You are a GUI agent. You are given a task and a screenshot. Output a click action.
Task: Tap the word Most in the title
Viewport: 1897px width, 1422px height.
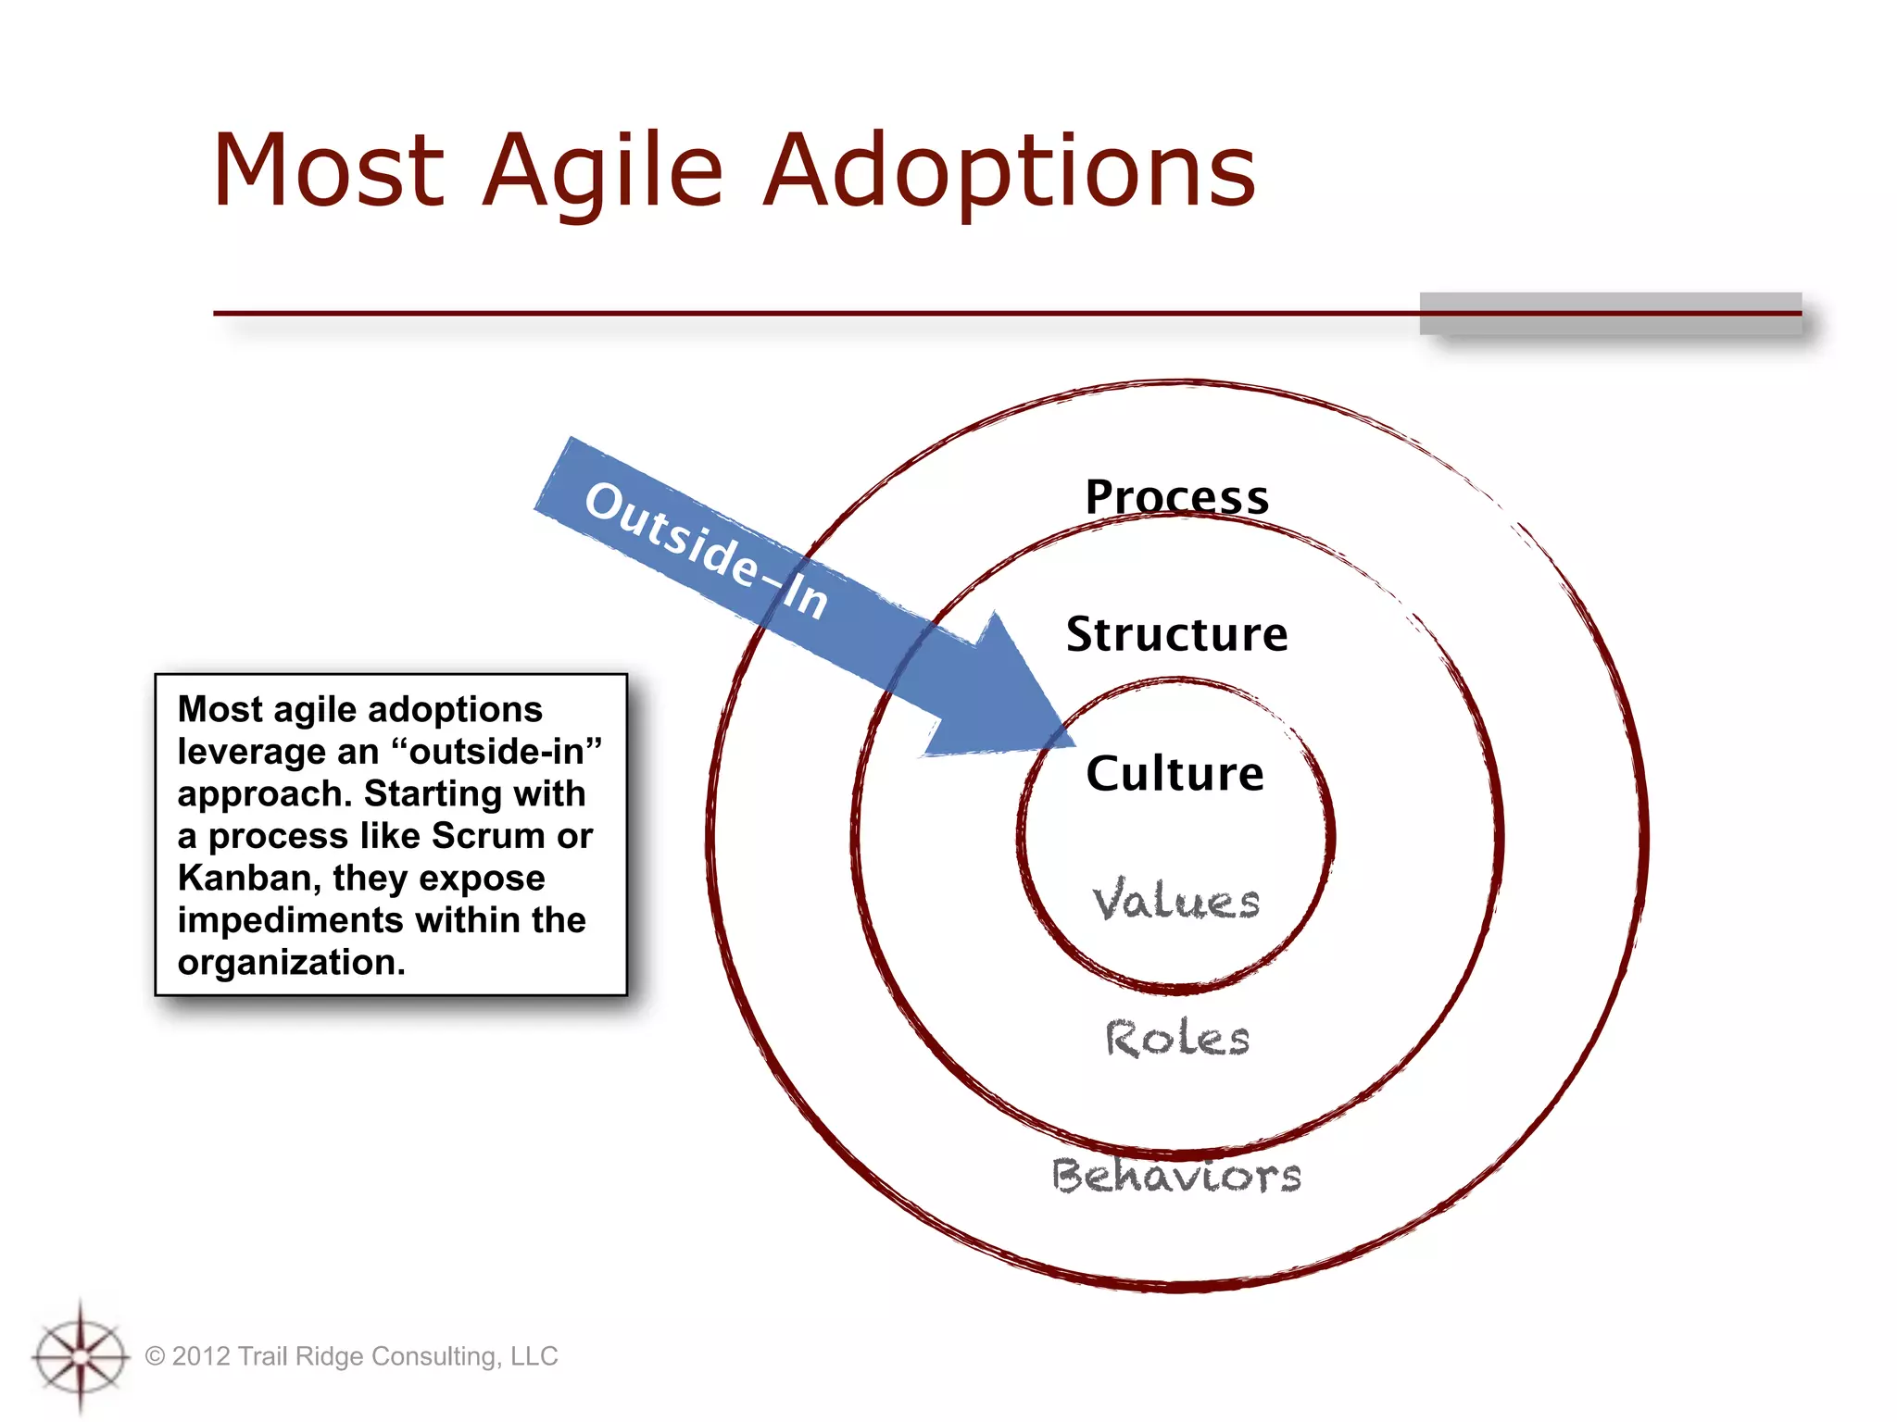[329, 171]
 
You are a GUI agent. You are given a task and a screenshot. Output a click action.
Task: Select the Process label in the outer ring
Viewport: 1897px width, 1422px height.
[1176, 497]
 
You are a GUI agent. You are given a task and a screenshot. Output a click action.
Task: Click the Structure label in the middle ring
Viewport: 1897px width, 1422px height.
[1176, 635]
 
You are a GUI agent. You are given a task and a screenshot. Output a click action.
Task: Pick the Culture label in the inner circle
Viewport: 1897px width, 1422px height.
[1175, 774]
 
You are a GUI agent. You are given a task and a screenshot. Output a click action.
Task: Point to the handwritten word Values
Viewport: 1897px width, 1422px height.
[1175, 901]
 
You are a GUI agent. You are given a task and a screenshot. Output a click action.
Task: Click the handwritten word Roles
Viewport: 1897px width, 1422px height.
[1177, 1038]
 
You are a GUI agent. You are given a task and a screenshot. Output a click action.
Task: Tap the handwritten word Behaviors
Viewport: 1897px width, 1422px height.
[1176, 1176]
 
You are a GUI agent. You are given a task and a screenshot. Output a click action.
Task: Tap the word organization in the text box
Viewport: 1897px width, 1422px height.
[291, 963]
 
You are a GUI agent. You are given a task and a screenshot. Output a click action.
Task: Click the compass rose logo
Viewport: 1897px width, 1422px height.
[81, 1357]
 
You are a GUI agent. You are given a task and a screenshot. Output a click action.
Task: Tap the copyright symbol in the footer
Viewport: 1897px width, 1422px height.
[155, 1356]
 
